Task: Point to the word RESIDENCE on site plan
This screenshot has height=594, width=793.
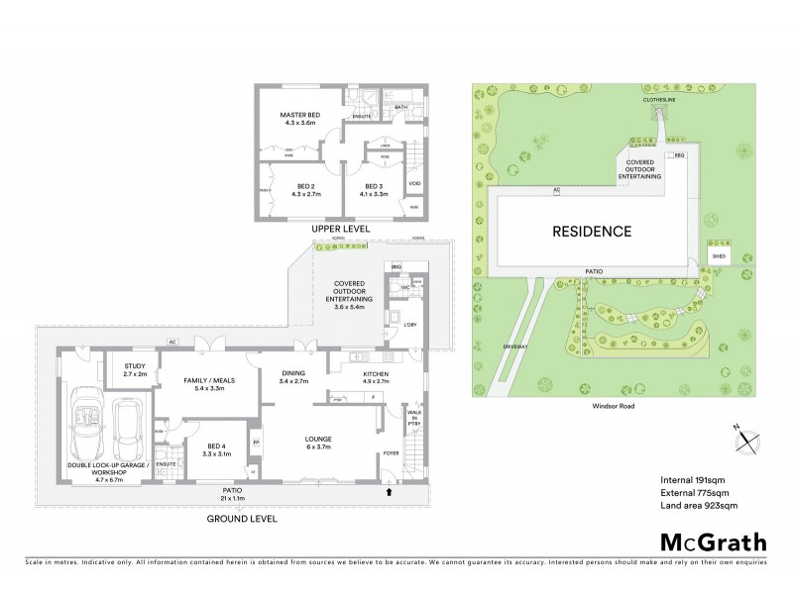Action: (592, 232)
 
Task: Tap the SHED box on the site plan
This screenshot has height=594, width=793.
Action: (719, 255)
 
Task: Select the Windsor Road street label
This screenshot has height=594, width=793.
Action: (606, 404)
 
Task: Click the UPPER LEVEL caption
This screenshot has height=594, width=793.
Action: (339, 229)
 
